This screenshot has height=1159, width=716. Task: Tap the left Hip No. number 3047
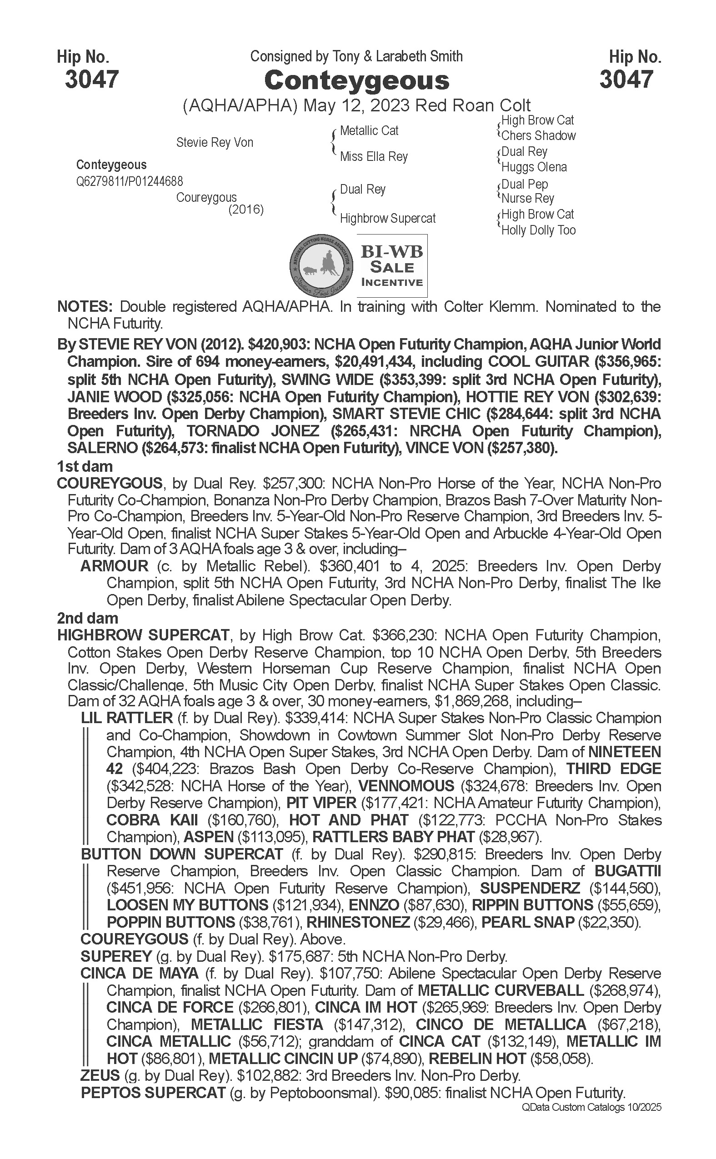(91, 79)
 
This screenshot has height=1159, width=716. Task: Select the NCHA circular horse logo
(321, 266)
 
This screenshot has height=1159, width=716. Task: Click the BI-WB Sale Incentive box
(391, 266)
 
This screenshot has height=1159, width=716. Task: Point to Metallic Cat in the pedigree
(369, 131)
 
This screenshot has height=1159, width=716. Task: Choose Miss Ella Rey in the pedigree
(374, 157)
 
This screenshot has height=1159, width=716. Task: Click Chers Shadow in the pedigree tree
(538, 136)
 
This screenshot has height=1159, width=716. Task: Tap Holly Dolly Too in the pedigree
(538, 230)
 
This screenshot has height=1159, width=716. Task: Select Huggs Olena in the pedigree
(534, 167)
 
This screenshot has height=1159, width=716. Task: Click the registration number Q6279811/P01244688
(129, 181)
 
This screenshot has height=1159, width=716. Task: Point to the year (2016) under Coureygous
(246, 209)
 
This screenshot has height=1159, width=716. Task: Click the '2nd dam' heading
(88, 618)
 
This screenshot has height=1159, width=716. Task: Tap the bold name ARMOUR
(114, 566)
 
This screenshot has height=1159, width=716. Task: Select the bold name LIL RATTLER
(127, 718)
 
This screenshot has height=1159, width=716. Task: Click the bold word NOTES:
(85, 307)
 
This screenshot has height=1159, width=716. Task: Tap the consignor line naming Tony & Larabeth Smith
(356, 57)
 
